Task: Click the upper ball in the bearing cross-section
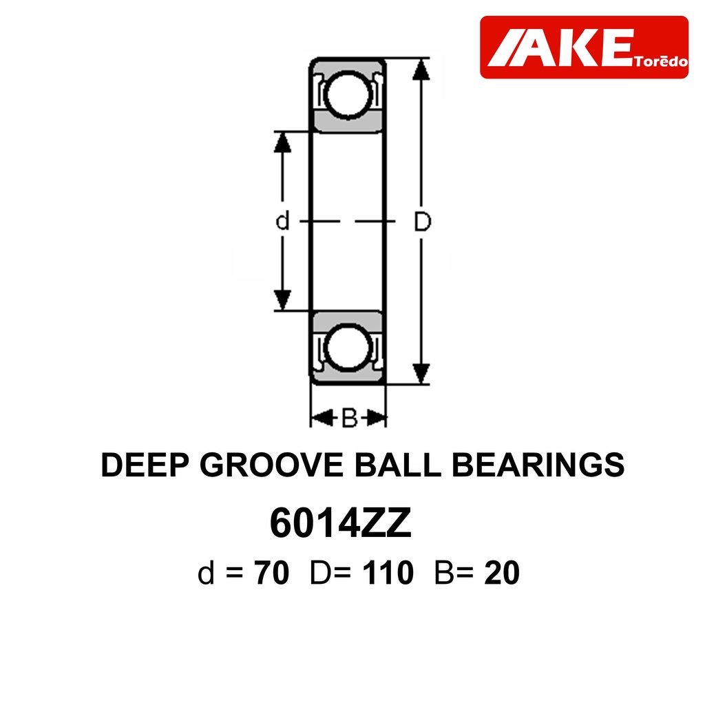[348, 94]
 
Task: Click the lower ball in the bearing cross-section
[348, 348]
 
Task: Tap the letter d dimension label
[282, 221]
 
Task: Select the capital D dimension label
[422, 221]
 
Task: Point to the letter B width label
[349, 418]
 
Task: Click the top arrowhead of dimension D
[421, 70]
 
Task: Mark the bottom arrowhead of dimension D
[421, 374]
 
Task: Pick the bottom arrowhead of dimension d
[282, 300]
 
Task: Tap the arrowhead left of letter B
[322, 418]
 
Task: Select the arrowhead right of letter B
[376, 418]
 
